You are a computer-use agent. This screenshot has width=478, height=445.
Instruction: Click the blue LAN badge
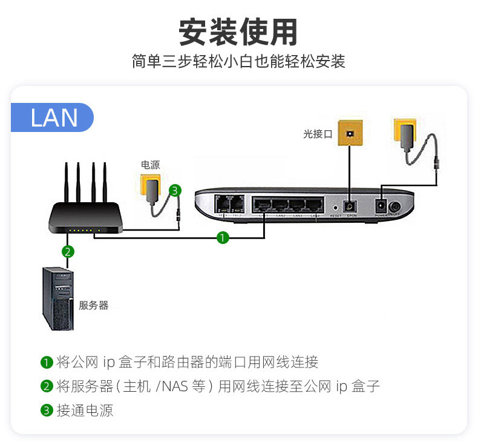(x=53, y=117)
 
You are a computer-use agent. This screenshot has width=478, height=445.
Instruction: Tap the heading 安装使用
(x=238, y=32)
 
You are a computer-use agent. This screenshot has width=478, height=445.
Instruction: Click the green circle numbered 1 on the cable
(x=223, y=238)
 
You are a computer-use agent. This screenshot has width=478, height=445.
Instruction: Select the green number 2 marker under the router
(x=68, y=251)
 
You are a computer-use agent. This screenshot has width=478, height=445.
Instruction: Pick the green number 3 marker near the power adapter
(x=175, y=191)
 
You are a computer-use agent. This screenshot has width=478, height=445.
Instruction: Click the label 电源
(x=150, y=165)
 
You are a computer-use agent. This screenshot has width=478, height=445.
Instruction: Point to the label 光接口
(x=318, y=134)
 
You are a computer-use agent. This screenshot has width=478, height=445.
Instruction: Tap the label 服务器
(x=94, y=305)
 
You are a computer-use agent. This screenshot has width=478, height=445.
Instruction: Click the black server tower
(x=60, y=300)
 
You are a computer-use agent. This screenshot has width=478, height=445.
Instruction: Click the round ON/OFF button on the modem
(x=395, y=206)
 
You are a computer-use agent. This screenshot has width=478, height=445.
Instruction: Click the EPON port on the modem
(x=349, y=206)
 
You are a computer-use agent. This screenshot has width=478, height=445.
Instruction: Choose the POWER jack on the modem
(x=381, y=205)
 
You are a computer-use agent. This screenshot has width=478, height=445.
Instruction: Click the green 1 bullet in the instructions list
(x=47, y=363)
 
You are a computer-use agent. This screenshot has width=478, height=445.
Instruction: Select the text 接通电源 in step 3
(x=85, y=410)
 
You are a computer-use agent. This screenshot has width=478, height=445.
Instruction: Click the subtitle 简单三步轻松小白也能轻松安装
(x=238, y=61)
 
